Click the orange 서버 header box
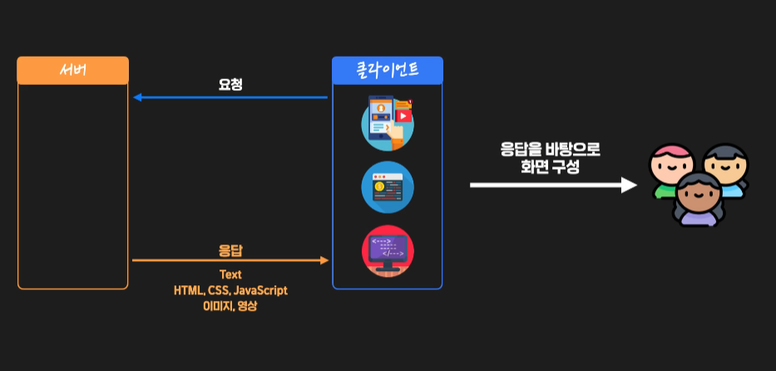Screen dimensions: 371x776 72,70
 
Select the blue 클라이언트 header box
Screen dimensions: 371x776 387,70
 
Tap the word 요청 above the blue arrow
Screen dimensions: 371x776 230,84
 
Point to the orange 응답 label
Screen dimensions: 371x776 230,250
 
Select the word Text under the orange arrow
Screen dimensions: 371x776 230,275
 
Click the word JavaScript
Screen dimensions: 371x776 260,290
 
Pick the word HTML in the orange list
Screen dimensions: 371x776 187,290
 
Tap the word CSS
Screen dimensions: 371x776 218,290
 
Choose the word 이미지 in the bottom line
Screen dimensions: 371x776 216,305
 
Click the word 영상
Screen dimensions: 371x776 248,305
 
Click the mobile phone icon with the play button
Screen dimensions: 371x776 388,122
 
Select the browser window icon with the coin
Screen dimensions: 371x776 388,186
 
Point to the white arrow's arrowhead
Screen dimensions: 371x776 630,184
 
